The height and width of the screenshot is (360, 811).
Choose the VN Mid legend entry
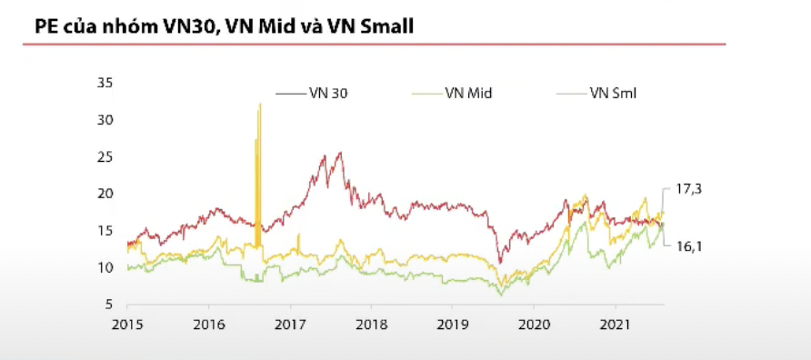pyautogui.click(x=470, y=92)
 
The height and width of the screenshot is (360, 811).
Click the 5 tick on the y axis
pyautogui.click(x=107, y=305)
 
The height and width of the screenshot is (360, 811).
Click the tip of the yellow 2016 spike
pyautogui.click(x=260, y=105)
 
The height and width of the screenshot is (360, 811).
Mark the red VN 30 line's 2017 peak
pyautogui.click(x=340, y=153)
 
